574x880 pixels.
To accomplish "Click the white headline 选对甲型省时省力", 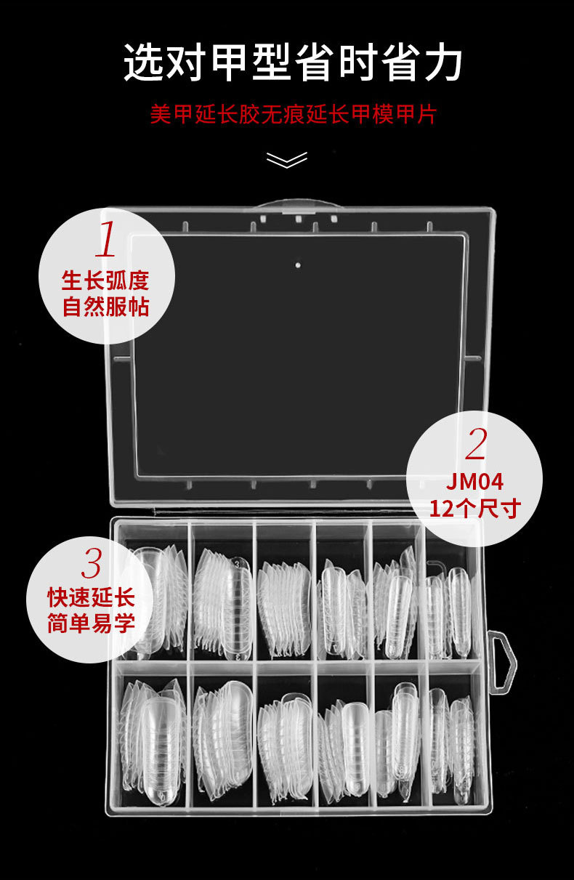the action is [293, 63].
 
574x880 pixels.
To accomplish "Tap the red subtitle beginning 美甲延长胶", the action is [293, 115].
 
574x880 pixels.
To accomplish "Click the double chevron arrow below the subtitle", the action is [287, 159].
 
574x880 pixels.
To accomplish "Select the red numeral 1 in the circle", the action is [106, 240].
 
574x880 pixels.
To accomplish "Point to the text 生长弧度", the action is [105, 280].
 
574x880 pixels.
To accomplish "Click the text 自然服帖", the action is [105, 307].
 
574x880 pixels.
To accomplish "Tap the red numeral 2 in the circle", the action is [476, 444].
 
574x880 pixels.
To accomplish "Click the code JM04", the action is [475, 482].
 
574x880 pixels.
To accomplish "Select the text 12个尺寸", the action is [475, 508].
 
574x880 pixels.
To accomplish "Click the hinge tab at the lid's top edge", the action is [298, 206].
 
